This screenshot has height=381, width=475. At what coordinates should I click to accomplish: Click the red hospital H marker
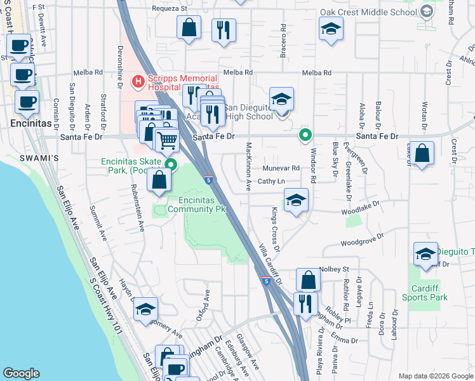point(137,81)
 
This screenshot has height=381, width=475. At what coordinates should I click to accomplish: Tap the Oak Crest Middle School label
point(368,12)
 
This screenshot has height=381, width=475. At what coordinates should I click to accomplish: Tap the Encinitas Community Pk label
point(197,204)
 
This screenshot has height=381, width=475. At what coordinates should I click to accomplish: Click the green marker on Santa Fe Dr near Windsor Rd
point(305,135)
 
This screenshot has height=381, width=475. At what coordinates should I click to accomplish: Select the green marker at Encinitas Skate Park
point(170,165)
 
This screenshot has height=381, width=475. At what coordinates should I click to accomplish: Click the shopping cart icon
point(167,139)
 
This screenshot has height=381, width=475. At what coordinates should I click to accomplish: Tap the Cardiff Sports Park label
point(425,293)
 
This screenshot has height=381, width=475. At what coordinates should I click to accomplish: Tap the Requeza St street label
point(170,10)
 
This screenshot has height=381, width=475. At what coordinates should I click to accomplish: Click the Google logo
point(22,373)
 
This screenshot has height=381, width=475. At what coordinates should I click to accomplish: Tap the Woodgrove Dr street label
point(363,241)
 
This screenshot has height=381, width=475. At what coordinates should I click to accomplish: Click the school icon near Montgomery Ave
point(145,309)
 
